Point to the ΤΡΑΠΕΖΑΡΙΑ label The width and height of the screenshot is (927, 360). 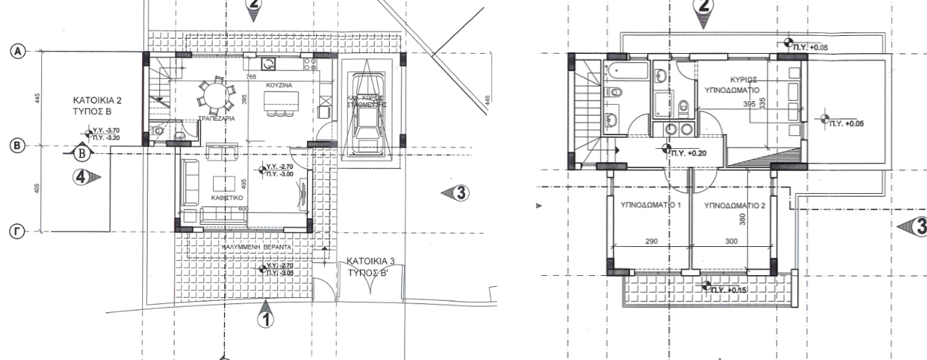(x=213, y=118)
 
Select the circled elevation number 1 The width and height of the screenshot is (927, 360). (x=266, y=318)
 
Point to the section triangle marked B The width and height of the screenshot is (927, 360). (x=81, y=152)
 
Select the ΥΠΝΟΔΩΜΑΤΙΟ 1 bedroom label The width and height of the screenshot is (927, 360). (x=651, y=205)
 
